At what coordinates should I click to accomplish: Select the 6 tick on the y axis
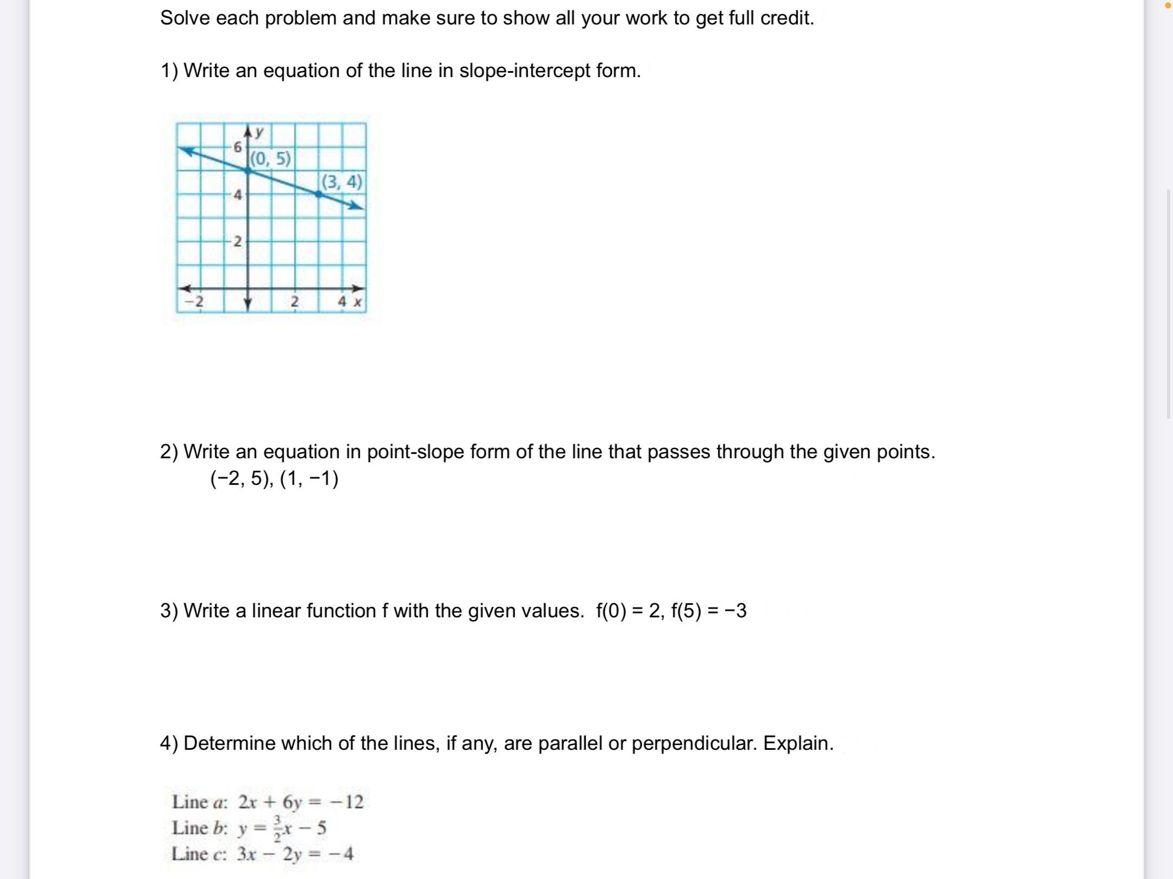pos(237,147)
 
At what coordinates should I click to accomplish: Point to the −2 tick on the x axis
pos(194,301)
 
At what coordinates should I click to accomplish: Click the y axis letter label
pos(260,131)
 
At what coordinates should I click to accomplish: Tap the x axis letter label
pos(357,302)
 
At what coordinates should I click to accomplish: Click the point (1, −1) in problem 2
pos(309,479)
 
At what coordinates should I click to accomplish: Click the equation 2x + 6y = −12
pos(300,802)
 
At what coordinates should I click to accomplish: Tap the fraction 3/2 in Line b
pos(277,828)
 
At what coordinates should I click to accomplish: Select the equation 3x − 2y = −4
pos(295,854)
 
